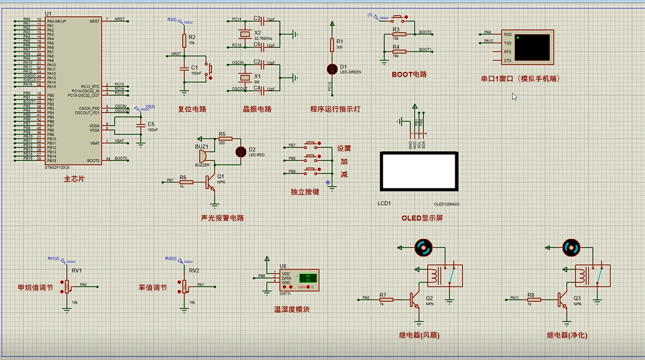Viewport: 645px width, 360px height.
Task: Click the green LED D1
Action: pos(331,68)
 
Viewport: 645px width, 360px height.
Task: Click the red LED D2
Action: pos(240,151)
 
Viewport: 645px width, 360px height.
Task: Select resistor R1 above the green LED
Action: pos(331,44)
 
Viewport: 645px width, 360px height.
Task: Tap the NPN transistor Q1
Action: pos(211,183)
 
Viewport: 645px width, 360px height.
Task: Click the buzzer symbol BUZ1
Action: pos(201,155)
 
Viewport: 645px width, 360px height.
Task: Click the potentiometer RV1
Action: pos(66,287)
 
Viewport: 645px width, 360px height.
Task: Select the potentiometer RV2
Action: pos(184,287)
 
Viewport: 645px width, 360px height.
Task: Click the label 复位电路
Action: pos(192,109)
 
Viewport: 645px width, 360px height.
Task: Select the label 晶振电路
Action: pos(257,109)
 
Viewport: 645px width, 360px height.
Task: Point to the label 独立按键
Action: pos(305,192)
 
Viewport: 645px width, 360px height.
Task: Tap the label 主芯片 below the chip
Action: pos(74,179)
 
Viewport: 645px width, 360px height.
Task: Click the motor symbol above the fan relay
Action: pos(422,248)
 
